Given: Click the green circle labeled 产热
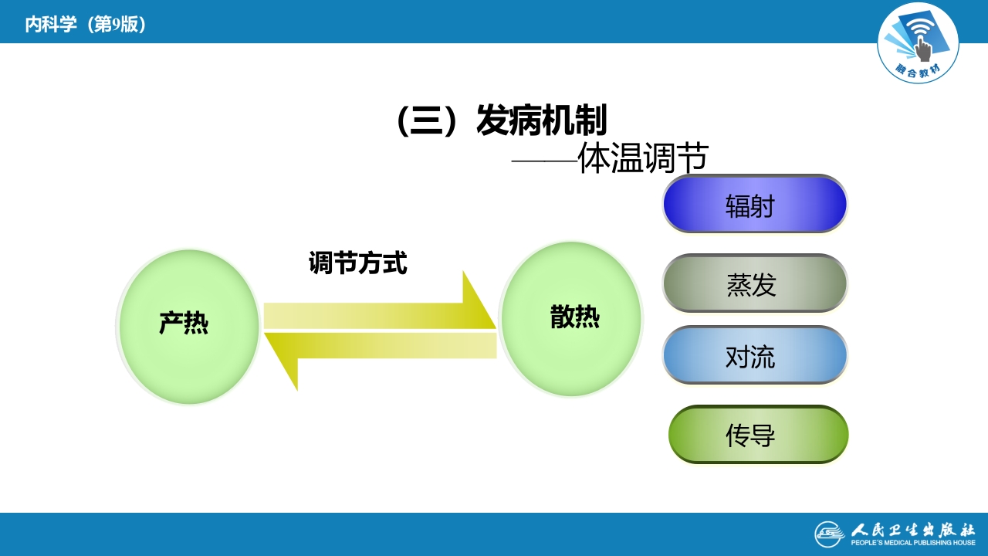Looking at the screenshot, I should coord(188,327).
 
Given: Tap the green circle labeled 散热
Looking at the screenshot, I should coord(571,319).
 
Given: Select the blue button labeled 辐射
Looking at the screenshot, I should coord(754,205).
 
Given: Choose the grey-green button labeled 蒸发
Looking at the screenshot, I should coord(754,283).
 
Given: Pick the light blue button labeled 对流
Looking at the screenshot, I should coord(754,355).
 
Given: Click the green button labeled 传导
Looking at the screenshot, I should coord(757,435).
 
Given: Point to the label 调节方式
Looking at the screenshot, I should coord(357,263).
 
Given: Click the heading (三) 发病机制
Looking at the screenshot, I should coord(501,120).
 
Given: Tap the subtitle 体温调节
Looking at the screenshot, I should coord(642,159).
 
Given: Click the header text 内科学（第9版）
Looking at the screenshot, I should coord(86,25).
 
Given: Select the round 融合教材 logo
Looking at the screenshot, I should coord(918,42).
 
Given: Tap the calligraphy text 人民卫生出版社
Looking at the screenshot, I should coord(913,530).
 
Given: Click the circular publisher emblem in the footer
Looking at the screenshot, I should coord(830,534).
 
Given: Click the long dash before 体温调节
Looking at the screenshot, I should coord(544,161).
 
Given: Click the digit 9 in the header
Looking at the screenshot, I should coord(116,25).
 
